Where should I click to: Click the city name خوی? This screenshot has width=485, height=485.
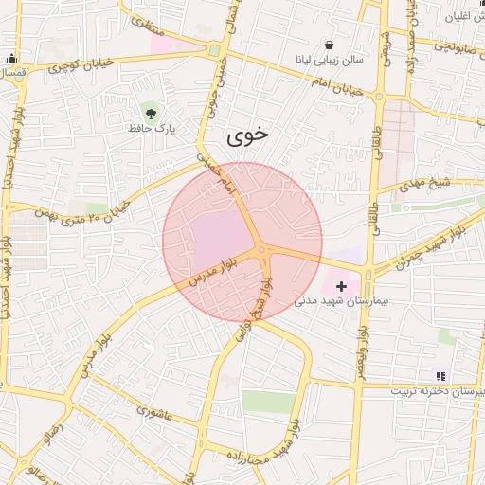pos(247,135)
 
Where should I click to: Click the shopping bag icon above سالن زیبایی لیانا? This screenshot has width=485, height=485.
pos(329,45)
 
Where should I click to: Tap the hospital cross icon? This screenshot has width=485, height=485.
pos(342,285)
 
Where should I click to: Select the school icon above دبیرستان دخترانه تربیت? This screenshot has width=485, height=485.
pos(439,376)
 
